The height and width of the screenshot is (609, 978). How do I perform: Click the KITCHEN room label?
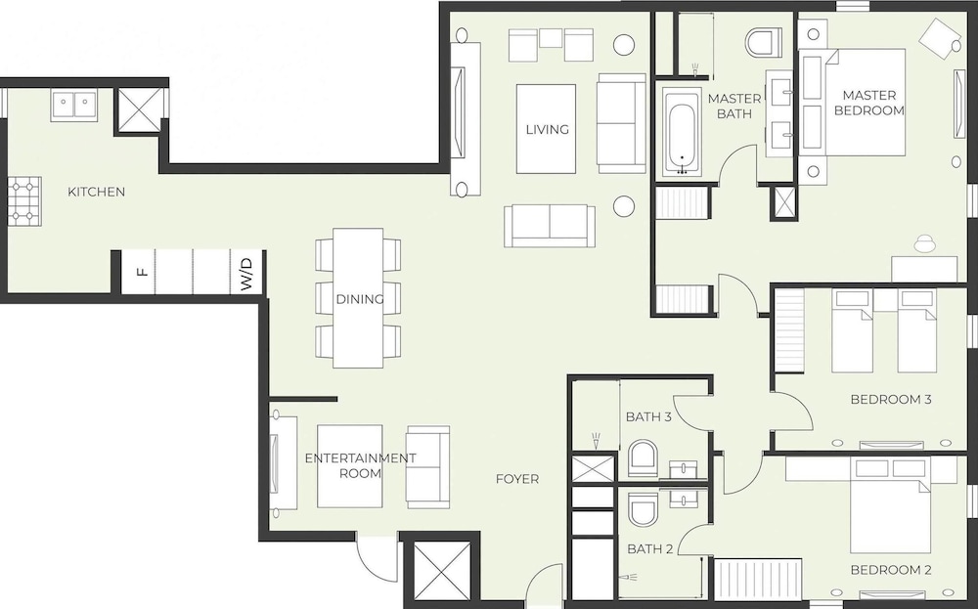tap(96, 192)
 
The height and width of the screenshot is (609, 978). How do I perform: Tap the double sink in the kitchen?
tap(74, 105)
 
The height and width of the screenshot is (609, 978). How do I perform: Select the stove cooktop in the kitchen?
tap(25, 200)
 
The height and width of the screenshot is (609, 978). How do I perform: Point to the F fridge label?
tap(143, 272)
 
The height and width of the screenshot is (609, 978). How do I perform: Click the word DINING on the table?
tap(359, 299)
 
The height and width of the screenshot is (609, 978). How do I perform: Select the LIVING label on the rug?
tap(547, 130)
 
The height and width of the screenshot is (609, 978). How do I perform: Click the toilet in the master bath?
tap(764, 41)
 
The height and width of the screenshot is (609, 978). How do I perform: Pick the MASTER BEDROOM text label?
tap(868, 103)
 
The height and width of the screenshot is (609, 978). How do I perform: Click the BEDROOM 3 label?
tap(891, 400)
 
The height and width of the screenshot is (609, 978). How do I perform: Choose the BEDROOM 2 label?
tap(891, 570)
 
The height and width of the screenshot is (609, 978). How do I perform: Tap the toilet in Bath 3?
tap(643, 458)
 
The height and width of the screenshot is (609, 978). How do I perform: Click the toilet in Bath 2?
tap(644, 508)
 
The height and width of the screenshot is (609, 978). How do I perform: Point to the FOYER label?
tap(517, 479)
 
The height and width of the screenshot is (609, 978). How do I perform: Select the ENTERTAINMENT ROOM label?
tap(360, 465)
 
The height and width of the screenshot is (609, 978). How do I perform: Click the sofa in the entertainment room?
tap(428, 466)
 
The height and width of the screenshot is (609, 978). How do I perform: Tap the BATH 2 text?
tap(650, 549)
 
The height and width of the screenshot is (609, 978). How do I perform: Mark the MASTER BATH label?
tap(734, 106)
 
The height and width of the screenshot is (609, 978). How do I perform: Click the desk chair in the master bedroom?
tap(925, 243)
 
